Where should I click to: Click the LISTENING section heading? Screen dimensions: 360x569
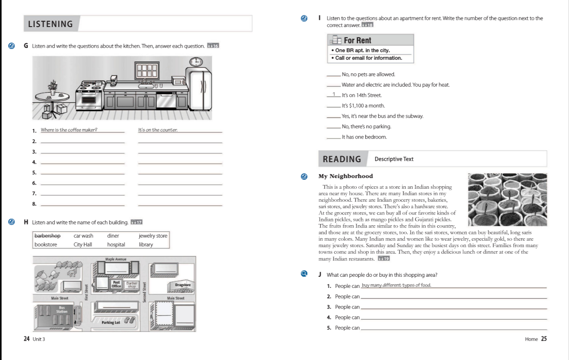[x=50, y=24]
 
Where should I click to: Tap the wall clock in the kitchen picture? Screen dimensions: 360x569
[x=197, y=62]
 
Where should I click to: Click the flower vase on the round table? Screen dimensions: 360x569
[x=53, y=87]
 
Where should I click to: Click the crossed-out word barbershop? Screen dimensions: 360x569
[x=47, y=236]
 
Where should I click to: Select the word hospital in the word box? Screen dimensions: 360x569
[x=116, y=245]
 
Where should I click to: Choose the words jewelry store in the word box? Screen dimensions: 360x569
[x=153, y=236]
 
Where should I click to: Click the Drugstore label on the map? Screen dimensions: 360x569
[x=183, y=285]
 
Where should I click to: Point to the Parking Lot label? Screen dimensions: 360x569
[x=111, y=322]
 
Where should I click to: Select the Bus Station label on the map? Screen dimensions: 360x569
[x=62, y=309]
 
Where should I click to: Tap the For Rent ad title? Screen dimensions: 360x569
[x=357, y=40]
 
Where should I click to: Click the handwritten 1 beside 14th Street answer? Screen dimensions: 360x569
[x=333, y=94]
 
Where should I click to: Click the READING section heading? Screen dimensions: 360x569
[x=342, y=159]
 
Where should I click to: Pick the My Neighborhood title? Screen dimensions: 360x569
[x=345, y=176]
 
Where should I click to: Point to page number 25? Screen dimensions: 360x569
[x=544, y=339]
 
